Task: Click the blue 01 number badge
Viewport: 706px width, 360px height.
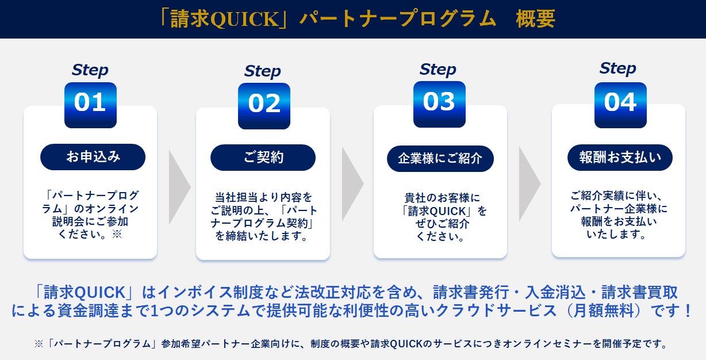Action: pyautogui.click(x=90, y=105)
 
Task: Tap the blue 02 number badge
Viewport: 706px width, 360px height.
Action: pyautogui.click(x=264, y=106)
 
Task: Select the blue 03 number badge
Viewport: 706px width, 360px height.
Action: pyautogui.click(x=439, y=104)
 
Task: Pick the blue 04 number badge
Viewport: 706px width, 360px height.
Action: pyautogui.click(x=620, y=105)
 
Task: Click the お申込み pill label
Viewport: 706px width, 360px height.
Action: pyautogui.click(x=93, y=157)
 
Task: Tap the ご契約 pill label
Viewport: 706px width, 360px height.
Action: pyautogui.click(x=263, y=158)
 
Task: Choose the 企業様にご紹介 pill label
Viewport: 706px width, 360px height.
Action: pyautogui.click(x=440, y=159)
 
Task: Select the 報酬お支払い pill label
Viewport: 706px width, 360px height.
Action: pyautogui.click(x=620, y=158)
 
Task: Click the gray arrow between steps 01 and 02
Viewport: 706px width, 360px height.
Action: pyautogui.click(x=179, y=187)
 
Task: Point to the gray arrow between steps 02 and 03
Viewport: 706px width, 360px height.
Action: pyautogui.click(x=352, y=183)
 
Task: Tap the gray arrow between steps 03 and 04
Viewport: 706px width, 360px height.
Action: pyautogui.click(x=530, y=184)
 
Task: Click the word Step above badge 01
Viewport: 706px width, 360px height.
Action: pyautogui.click(x=90, y=70)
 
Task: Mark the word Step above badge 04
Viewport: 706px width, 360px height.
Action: pyautogui.click(x=617, y=68)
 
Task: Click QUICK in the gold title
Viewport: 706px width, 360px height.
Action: pyautogui.click(x=244, y=19)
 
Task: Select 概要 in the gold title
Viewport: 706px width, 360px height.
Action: pyautogui.click(x=535, y=19)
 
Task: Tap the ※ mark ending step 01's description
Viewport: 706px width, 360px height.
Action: pyautogui.click(x=117, y=234)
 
